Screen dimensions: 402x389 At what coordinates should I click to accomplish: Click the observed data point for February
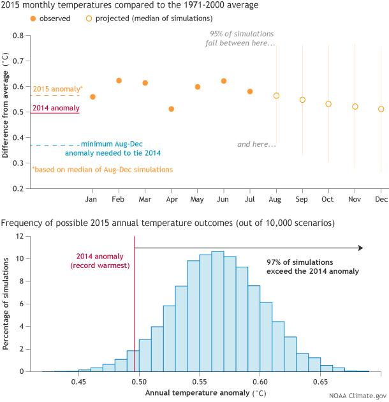(x=119, y=80)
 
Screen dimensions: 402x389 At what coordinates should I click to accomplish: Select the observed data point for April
(x=171, y=109)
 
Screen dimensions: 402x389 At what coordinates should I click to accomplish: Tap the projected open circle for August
(x=276, y=96)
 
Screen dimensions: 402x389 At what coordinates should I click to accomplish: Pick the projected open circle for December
(x=381, y=109)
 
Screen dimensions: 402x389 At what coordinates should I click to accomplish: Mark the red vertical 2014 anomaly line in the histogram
(x=134, y=306)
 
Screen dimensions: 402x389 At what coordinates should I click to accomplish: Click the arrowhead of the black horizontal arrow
(x=360, y=248)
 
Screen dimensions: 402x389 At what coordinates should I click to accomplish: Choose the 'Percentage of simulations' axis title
(x=6, y=304)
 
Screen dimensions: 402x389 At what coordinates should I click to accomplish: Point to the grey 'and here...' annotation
(x=256, y=144)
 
